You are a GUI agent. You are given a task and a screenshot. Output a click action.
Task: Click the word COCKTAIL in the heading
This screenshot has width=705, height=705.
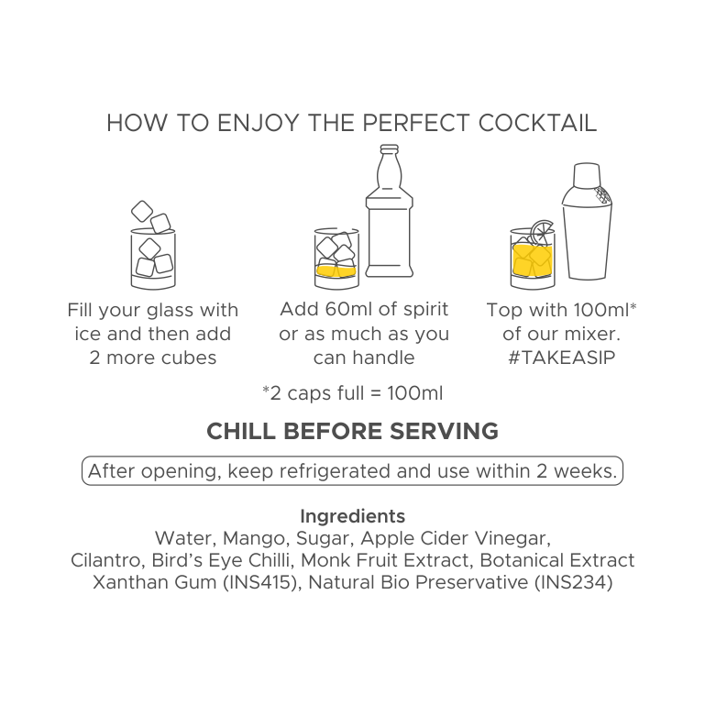537,123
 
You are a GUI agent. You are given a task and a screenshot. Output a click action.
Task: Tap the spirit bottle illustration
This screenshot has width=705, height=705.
390,212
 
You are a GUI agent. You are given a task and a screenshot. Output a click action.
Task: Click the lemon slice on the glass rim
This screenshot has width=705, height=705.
541,232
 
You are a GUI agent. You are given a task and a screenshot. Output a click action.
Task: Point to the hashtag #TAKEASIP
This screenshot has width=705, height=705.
562,358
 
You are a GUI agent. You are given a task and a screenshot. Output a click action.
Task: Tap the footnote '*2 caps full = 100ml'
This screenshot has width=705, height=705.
352,393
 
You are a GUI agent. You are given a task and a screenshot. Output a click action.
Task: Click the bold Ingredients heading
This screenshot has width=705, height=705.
352,516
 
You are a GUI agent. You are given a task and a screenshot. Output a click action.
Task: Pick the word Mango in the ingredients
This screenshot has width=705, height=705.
254,538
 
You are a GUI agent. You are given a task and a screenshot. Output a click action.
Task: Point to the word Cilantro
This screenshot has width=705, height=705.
105,560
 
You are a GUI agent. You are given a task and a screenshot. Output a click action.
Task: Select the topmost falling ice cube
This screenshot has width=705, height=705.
142,212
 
